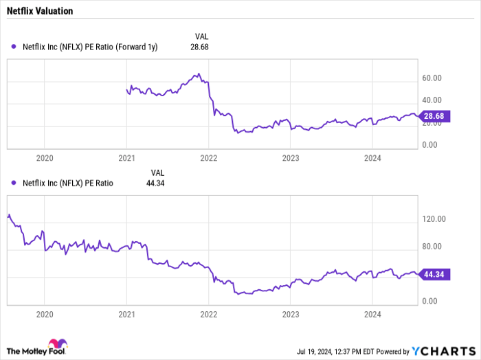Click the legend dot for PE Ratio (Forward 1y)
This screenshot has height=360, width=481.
[x=14, y=47]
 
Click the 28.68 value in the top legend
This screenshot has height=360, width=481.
[x=199, y=47]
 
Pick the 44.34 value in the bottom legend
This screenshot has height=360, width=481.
[x=155, y=183]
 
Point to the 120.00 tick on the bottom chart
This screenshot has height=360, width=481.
[x=434, y=219]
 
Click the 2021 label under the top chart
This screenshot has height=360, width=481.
[x=126, y=158]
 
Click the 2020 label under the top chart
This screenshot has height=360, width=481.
[x=44, y=158]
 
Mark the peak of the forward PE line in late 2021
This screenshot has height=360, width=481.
[x=198, y=74]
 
